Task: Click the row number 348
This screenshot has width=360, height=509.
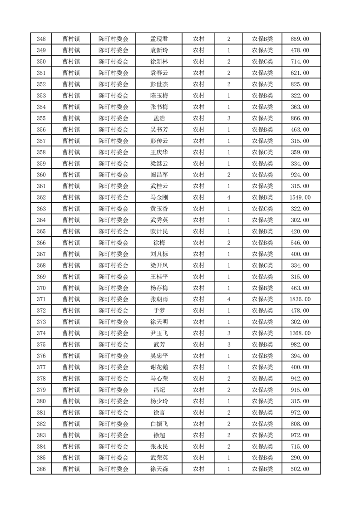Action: click(41, 39)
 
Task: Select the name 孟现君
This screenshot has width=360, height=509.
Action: click(159, 39)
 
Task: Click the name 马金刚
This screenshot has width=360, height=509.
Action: click(159, 197)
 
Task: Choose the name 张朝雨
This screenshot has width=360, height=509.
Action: click(159, 299)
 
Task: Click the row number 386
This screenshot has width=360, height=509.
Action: click(41, 469)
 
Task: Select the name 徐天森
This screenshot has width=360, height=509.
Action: click(159, 469)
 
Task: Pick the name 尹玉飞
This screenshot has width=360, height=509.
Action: click(159, 333)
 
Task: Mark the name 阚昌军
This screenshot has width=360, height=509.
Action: click(159, 175)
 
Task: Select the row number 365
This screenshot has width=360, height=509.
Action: click(41, 231)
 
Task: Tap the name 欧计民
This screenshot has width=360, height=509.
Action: click(159, 231)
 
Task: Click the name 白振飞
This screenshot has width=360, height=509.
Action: click(159, 424)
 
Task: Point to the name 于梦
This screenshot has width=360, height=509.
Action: click(159, 311)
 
